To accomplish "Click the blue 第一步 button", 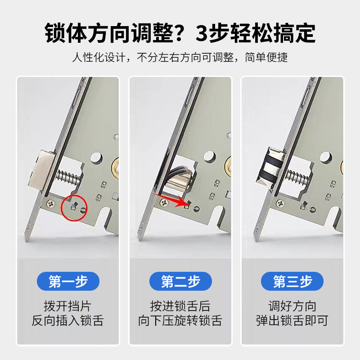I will pos(68,282).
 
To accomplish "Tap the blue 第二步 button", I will pos(180,282).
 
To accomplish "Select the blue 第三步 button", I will pos(292,282).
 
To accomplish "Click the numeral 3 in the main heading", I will pos(203,33).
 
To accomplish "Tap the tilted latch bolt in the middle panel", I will pos(180,174).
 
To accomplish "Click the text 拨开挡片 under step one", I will pos(68,307).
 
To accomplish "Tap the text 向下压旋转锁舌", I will pos(180,321).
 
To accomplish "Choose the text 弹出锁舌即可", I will pos(292,321).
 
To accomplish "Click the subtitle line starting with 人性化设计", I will pos(180,58).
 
